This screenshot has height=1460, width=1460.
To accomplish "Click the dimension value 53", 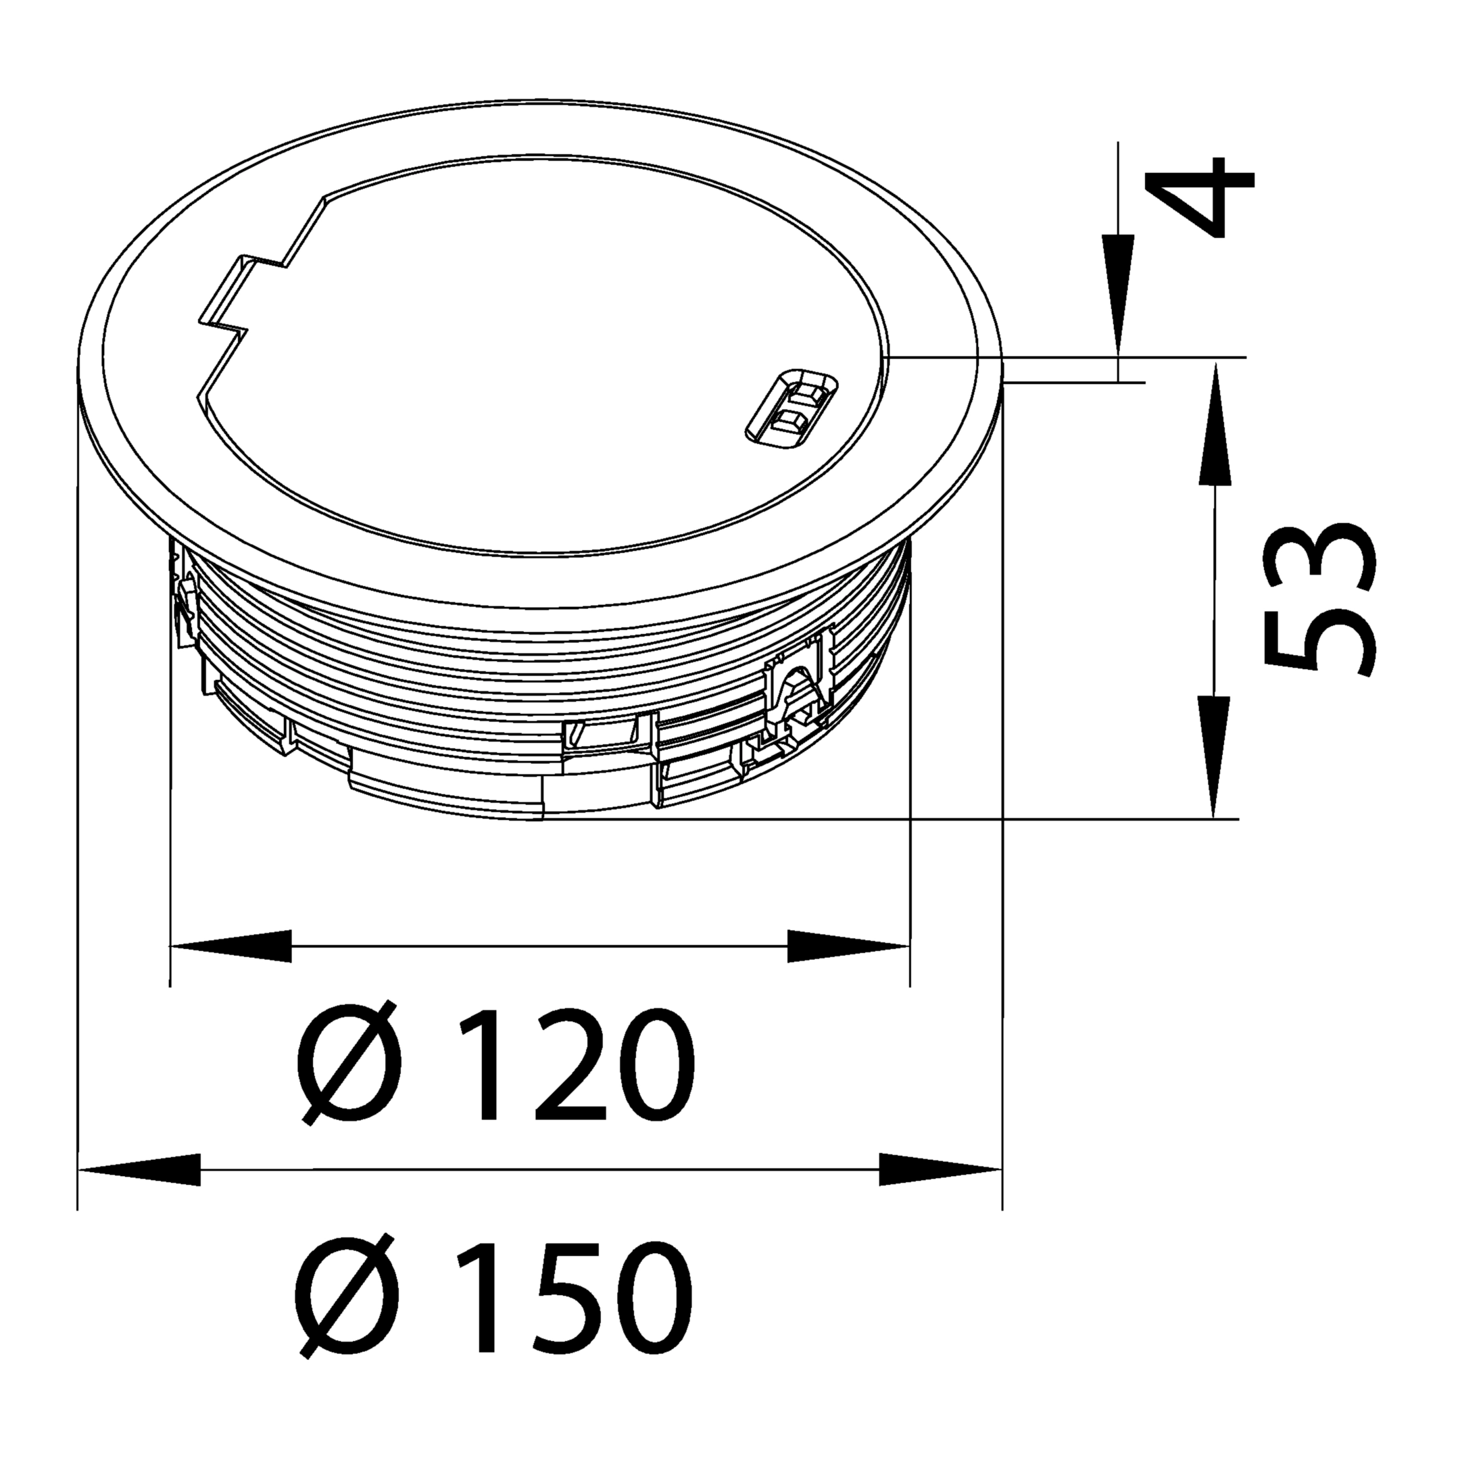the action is [x=1319, y=598].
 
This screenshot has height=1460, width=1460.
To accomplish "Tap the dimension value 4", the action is [x=1199, y=198].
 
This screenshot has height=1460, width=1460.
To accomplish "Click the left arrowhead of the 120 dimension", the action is [x=231, y=946].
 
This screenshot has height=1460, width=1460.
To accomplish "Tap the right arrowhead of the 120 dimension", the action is [x=848, y=946].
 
